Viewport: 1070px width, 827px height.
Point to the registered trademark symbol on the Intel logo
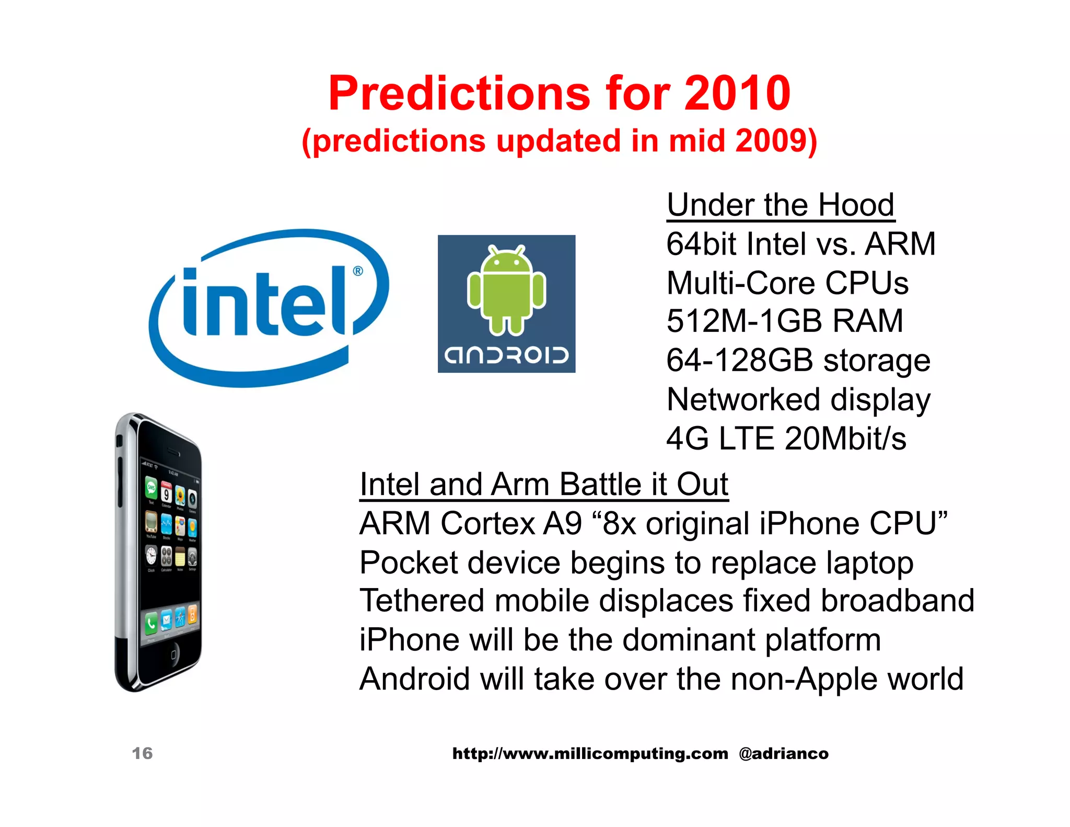tap(358, 271)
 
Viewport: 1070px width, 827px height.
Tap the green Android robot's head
tap(506, 262)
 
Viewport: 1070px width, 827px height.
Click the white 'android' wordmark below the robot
tap(506, 355)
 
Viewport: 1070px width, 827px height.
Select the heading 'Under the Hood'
tap(781, 205)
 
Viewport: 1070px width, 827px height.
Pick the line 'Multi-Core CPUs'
tap(787, 283)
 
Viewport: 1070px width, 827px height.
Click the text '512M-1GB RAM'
tap(784, 321)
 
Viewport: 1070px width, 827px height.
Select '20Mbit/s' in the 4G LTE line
tap(845, 439)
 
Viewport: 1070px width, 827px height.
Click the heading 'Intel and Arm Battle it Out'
tap(543, 485)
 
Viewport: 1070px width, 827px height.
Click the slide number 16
tap(142, 753)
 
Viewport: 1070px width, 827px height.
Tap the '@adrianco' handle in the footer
tap(783, 754)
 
